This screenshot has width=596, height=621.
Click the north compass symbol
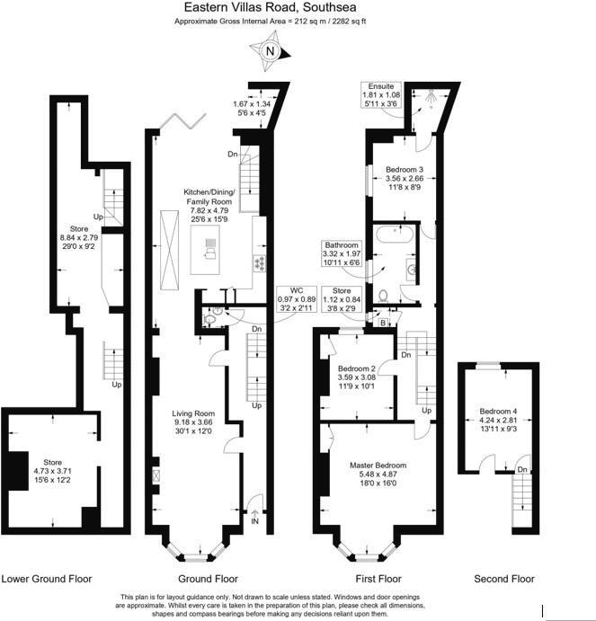point(270,52)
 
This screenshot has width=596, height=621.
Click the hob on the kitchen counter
point(261,263)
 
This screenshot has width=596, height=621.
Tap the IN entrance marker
point(254,520)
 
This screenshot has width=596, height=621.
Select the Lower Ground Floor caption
point(46,579)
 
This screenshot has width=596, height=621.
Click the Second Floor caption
point(503,579)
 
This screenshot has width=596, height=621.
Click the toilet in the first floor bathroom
point(385,293)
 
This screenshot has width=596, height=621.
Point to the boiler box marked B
point(382,323)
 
